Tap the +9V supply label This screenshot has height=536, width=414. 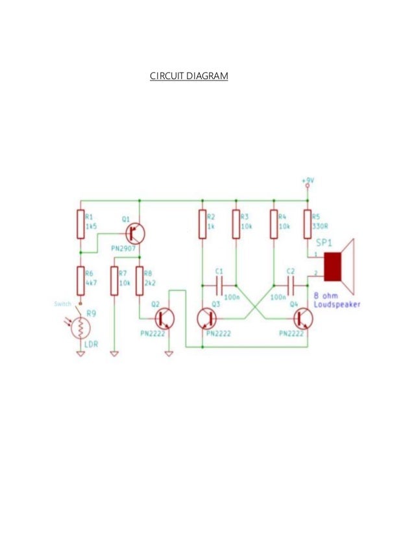pyautogui.click(x=308, y=180)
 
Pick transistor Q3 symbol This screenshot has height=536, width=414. pyautogui.click(x=206, y=318)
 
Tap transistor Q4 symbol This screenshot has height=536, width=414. pyautogui.click(x=303, y=318)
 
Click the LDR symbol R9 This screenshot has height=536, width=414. pyautogui.click(x=80, y=327)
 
